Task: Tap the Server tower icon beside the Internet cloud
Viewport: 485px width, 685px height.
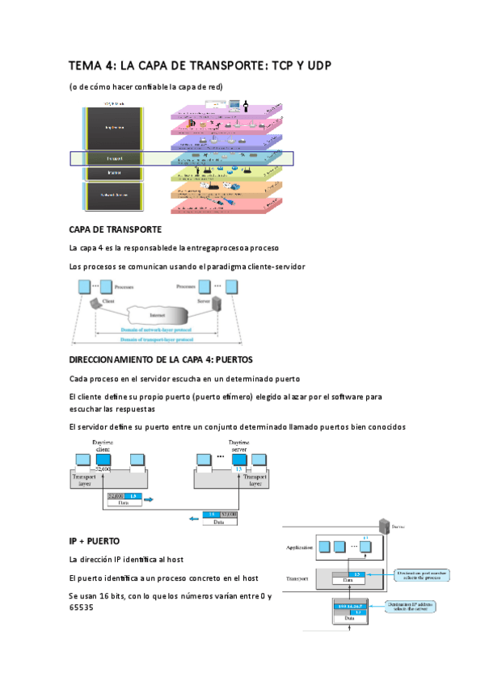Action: click(x=216, y=305)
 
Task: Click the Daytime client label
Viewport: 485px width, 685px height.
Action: click(x=103, y=447)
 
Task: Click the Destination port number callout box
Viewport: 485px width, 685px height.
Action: click(x=423, y=574)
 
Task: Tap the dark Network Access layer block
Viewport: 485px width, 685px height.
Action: click(x=115, y=195)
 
